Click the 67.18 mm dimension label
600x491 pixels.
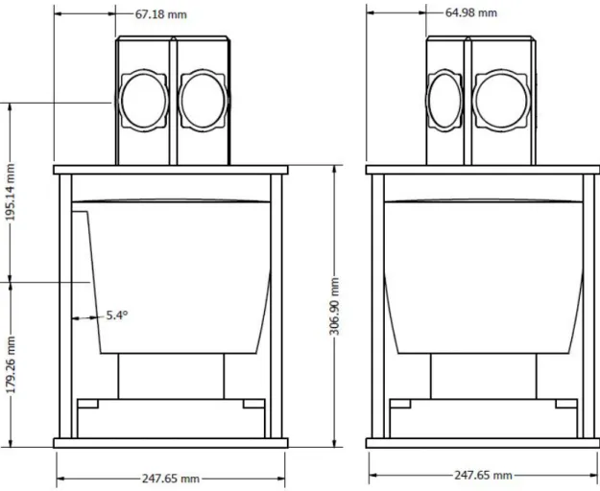[160, 14]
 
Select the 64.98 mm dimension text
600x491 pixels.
[471, 12]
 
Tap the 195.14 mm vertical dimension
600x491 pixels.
[11, 192]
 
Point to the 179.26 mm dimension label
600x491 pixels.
[11, 365]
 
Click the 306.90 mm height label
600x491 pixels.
[334, 306]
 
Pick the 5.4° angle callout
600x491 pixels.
[117, 316]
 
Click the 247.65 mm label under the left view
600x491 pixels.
[171, 479]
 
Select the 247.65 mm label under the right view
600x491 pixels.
[483, 476]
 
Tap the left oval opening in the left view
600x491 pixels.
[145, 101]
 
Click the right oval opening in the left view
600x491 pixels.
[203, 101]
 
